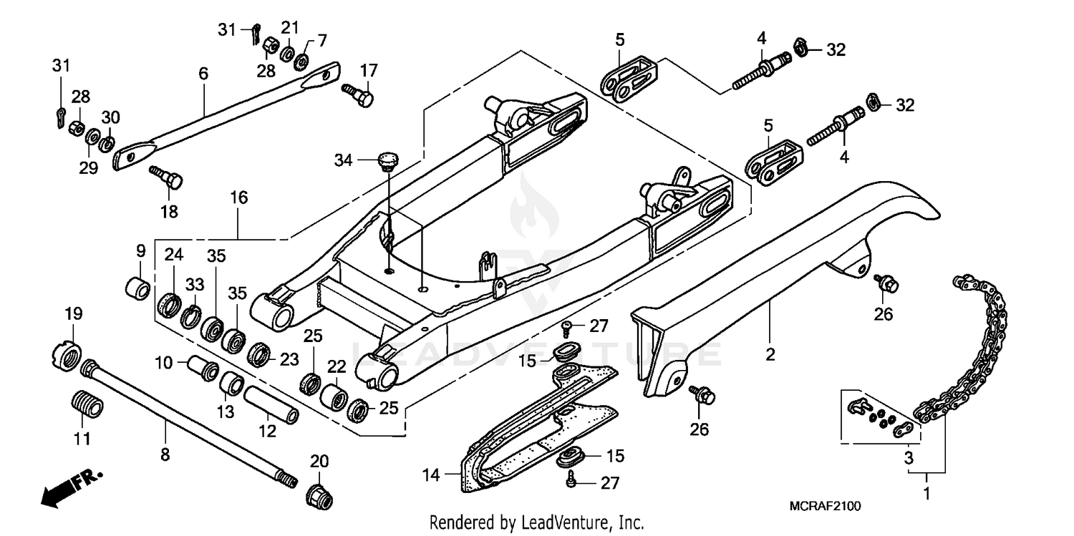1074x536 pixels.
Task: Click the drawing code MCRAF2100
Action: [826, 506]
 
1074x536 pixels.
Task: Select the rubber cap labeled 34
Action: [387, 160]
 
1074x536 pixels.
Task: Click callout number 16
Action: [238, 198]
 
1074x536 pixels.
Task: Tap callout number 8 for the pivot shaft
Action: [165, 454]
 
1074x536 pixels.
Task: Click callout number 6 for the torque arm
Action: [203, 73]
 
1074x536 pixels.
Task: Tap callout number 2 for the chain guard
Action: [770, 354]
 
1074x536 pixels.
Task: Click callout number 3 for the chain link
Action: [909, 457]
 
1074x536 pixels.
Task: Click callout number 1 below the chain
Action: [927, 493]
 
